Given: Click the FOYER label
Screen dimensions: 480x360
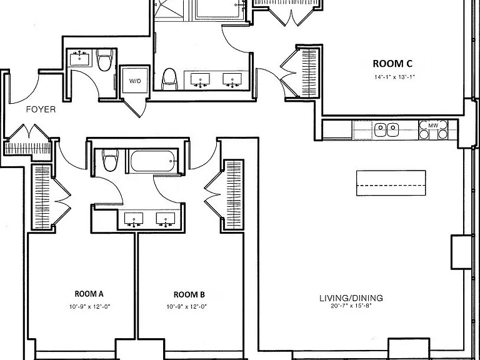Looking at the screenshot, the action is [x=41, y=109].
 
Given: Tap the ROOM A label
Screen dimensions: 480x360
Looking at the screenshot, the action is [x=89, y=294].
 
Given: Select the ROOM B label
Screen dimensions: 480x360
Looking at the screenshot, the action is [x=189, y=294].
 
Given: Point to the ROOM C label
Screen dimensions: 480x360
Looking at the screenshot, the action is [x=392, y=64].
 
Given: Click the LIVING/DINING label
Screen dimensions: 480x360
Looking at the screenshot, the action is [x=351, y=298].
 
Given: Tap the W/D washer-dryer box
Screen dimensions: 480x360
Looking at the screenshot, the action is [x=135, y=81].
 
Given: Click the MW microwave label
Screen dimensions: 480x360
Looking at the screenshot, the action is [x=433, y=126].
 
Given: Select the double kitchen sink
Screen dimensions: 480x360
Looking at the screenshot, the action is [x=387, y=130].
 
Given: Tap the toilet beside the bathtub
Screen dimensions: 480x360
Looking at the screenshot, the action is [x=110, y=160].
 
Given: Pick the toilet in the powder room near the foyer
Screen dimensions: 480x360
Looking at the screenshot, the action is [x=104, y=60].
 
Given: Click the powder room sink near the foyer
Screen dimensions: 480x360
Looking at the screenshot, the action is [x=79, y=59].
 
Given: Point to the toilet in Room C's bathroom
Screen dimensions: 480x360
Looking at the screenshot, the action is [x=169, y=79].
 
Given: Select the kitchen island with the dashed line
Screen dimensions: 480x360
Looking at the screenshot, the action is [x=391, y=182].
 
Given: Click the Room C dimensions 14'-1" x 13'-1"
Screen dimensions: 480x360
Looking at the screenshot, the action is [x=394, y=77].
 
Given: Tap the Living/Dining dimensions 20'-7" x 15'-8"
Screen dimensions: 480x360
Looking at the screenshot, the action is [x=351, y=306].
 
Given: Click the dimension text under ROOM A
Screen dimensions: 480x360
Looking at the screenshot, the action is [x=89, y=306].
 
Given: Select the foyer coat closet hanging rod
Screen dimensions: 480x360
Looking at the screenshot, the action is [x=27, y=149].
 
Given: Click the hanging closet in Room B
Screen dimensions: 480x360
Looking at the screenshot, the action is [x=234, y=194].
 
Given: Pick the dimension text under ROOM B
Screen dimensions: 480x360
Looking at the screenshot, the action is [x=187, y=306].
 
